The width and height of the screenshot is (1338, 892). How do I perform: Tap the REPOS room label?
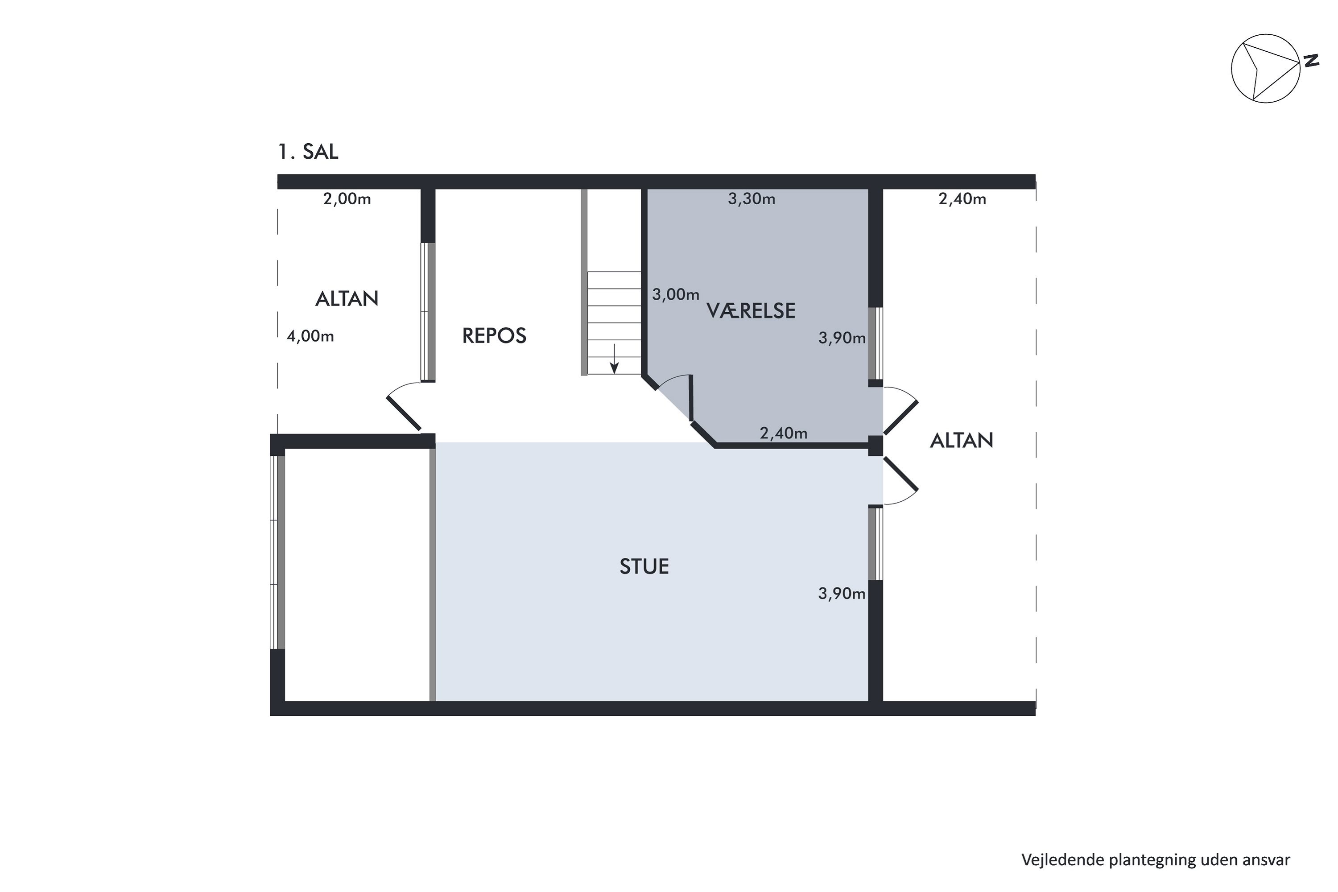(494, 336)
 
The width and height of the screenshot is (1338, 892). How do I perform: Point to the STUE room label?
(644, 566)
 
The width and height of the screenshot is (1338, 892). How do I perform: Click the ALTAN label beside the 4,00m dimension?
(347, 299)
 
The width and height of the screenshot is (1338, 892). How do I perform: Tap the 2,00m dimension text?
(347, 198)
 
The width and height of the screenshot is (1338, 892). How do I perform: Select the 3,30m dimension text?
(752, 198)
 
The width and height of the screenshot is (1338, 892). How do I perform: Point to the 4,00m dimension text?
(310, 336)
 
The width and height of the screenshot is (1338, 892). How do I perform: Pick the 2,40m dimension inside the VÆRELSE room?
(783, 434)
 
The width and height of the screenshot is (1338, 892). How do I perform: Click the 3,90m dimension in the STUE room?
(841, 594)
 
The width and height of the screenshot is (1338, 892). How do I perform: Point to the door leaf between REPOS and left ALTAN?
(403, 413)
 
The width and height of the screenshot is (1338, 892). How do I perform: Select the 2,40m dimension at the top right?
(962, 198)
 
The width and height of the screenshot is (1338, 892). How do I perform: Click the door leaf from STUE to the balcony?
(900, 475)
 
